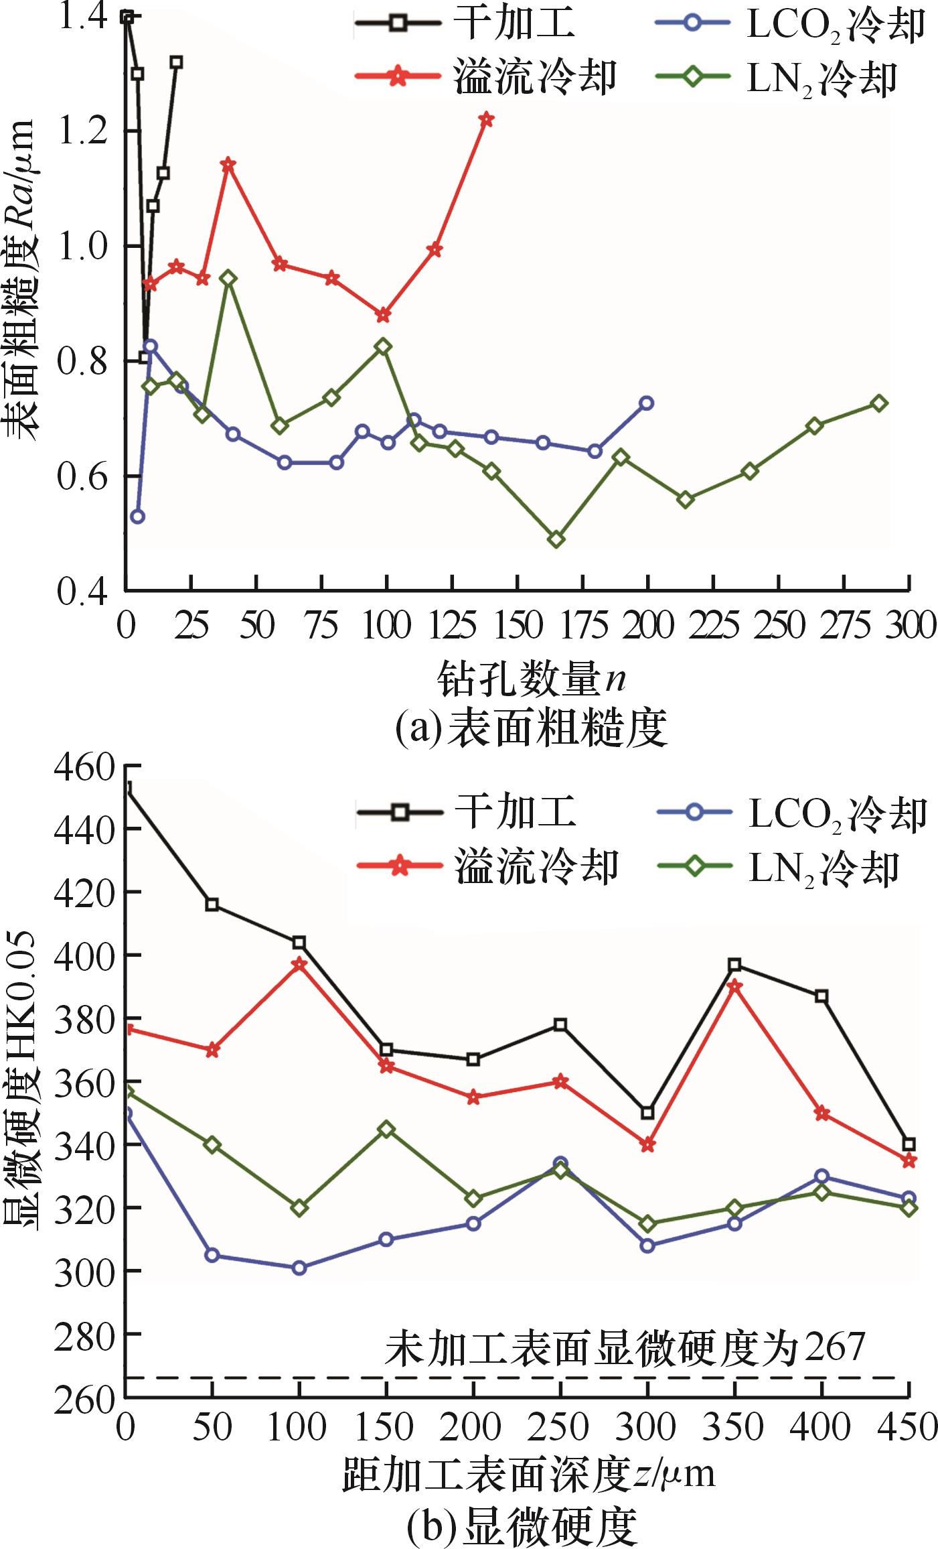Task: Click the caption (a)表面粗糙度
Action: coord(532,728)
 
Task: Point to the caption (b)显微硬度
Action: coord(522,1525)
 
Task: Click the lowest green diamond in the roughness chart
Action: coord(556,539)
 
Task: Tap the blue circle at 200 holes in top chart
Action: coord(647,403)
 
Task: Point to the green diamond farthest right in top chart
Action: coord(880,403)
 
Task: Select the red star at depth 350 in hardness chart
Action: coord(734,986)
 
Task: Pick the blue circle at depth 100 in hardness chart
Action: coord(299,1268)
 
